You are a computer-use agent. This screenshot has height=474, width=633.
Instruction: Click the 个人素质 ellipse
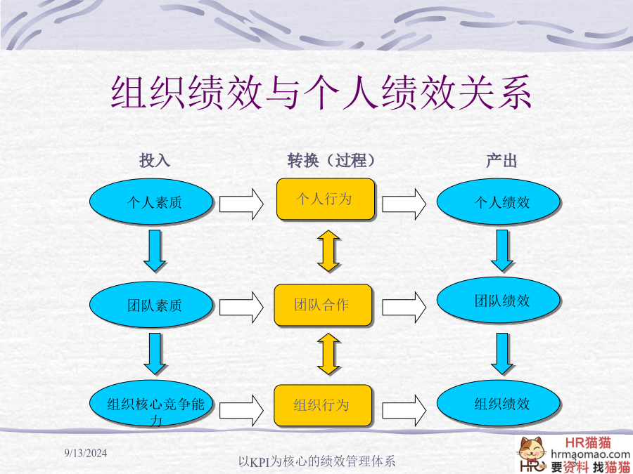(151, 202)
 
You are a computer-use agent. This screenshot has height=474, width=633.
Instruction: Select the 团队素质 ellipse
(151, 304)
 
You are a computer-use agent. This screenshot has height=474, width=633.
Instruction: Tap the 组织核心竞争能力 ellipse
(151, 403)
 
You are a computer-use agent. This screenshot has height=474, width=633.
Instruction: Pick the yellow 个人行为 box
(326, 199)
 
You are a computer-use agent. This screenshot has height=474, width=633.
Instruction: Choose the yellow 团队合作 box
(323, 305)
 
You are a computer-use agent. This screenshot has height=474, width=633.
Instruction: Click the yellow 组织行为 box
(323, 405)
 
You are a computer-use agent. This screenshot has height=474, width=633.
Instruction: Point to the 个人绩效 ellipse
(498, 202)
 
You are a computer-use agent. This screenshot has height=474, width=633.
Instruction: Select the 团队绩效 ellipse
(498, 301)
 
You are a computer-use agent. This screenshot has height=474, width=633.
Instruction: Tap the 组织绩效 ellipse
(498, 403)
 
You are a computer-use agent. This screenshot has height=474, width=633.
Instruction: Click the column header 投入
(155, 160)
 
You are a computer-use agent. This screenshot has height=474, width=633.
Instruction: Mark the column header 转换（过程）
(331, 160)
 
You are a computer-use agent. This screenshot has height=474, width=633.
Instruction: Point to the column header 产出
(501, 160)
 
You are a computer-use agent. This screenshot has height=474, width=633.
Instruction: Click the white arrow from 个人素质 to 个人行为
(241, 204)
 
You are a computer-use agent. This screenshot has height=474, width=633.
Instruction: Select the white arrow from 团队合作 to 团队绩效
(404, 308)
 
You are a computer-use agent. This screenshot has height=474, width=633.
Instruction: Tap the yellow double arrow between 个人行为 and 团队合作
(328, 251)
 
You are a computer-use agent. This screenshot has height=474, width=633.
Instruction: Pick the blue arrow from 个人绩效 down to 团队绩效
(501, 250)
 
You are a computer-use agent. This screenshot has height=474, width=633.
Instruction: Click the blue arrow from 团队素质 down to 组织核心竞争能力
(155, 353)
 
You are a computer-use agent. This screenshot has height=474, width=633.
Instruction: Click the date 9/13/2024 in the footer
(86, 453)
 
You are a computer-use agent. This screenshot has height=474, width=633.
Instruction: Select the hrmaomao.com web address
(590, 454)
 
